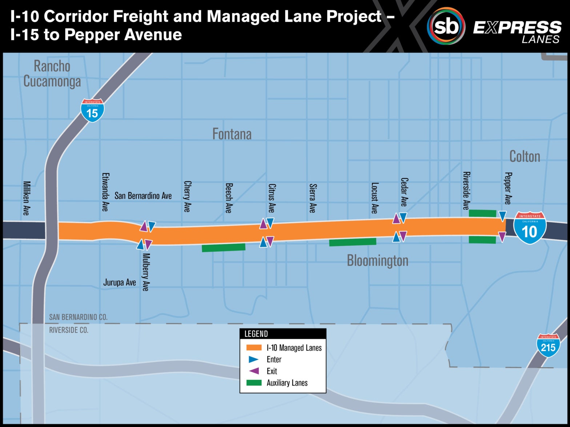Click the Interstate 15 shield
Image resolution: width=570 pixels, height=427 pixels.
click(x=92, y=110)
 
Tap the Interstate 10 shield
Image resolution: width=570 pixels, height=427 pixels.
click(x=530, y=228)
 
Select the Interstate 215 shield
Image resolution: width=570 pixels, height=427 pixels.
click(x=548, y=345)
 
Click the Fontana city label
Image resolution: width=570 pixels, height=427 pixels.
click(x=232, y=134)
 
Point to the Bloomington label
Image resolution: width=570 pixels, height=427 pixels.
click(x=377, y=260)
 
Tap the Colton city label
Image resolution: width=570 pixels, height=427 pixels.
click(x=525, y=156)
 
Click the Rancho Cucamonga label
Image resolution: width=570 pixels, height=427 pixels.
click(x=52, y=73)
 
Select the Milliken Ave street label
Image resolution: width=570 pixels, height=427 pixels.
click(x=26, y=198)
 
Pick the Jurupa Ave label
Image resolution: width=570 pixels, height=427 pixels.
click(x=120, y=283)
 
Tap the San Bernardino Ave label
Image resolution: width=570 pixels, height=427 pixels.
click(x=143, y=196)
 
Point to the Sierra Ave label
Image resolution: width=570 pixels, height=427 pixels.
click(x=312, y=198)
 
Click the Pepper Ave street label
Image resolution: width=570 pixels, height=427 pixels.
click(x=508, y=188)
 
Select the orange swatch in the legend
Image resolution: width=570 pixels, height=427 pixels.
click(x=254, y=348)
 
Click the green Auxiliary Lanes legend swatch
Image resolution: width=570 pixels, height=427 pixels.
click(x=254, y=383)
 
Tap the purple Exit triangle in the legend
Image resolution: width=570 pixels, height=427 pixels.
click(x=254, y=371)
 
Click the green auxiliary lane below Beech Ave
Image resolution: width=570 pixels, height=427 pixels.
click(x=224, y=248)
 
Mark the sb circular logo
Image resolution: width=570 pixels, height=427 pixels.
click(x=446, y=26)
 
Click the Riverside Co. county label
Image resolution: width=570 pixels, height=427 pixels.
click(x=69, y=330)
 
